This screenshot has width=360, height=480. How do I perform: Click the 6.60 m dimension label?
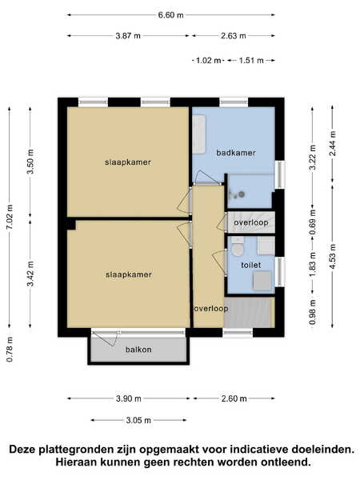pos(171,14)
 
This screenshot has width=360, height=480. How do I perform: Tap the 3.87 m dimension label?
pos(128,36)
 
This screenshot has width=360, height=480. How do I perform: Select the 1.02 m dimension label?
pos(208,60)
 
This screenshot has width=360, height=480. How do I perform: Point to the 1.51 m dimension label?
pos(251,60)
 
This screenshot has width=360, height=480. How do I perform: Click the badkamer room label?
pos(236,153)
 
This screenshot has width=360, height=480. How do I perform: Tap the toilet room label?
pos(251,265)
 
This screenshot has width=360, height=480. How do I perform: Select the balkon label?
pos(138,350)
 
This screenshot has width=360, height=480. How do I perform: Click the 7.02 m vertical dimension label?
pos(10,217)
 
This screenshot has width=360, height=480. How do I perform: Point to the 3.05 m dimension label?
pos(138,420)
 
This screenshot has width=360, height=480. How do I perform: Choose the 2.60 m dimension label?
pos(234,398)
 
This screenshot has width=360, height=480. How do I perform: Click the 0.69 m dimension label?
pos(312,222)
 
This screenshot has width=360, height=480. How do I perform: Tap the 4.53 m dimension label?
pos(333,256)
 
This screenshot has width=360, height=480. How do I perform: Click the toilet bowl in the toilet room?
pos(238,247)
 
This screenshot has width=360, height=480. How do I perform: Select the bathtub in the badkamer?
pos(198,134)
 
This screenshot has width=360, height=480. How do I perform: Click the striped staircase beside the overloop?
pos(247,313)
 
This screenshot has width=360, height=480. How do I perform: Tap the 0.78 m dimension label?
pos(10,350)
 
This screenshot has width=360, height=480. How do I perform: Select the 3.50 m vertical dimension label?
pos(30,162)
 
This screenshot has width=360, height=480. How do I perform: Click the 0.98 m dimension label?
pos(312,312)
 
